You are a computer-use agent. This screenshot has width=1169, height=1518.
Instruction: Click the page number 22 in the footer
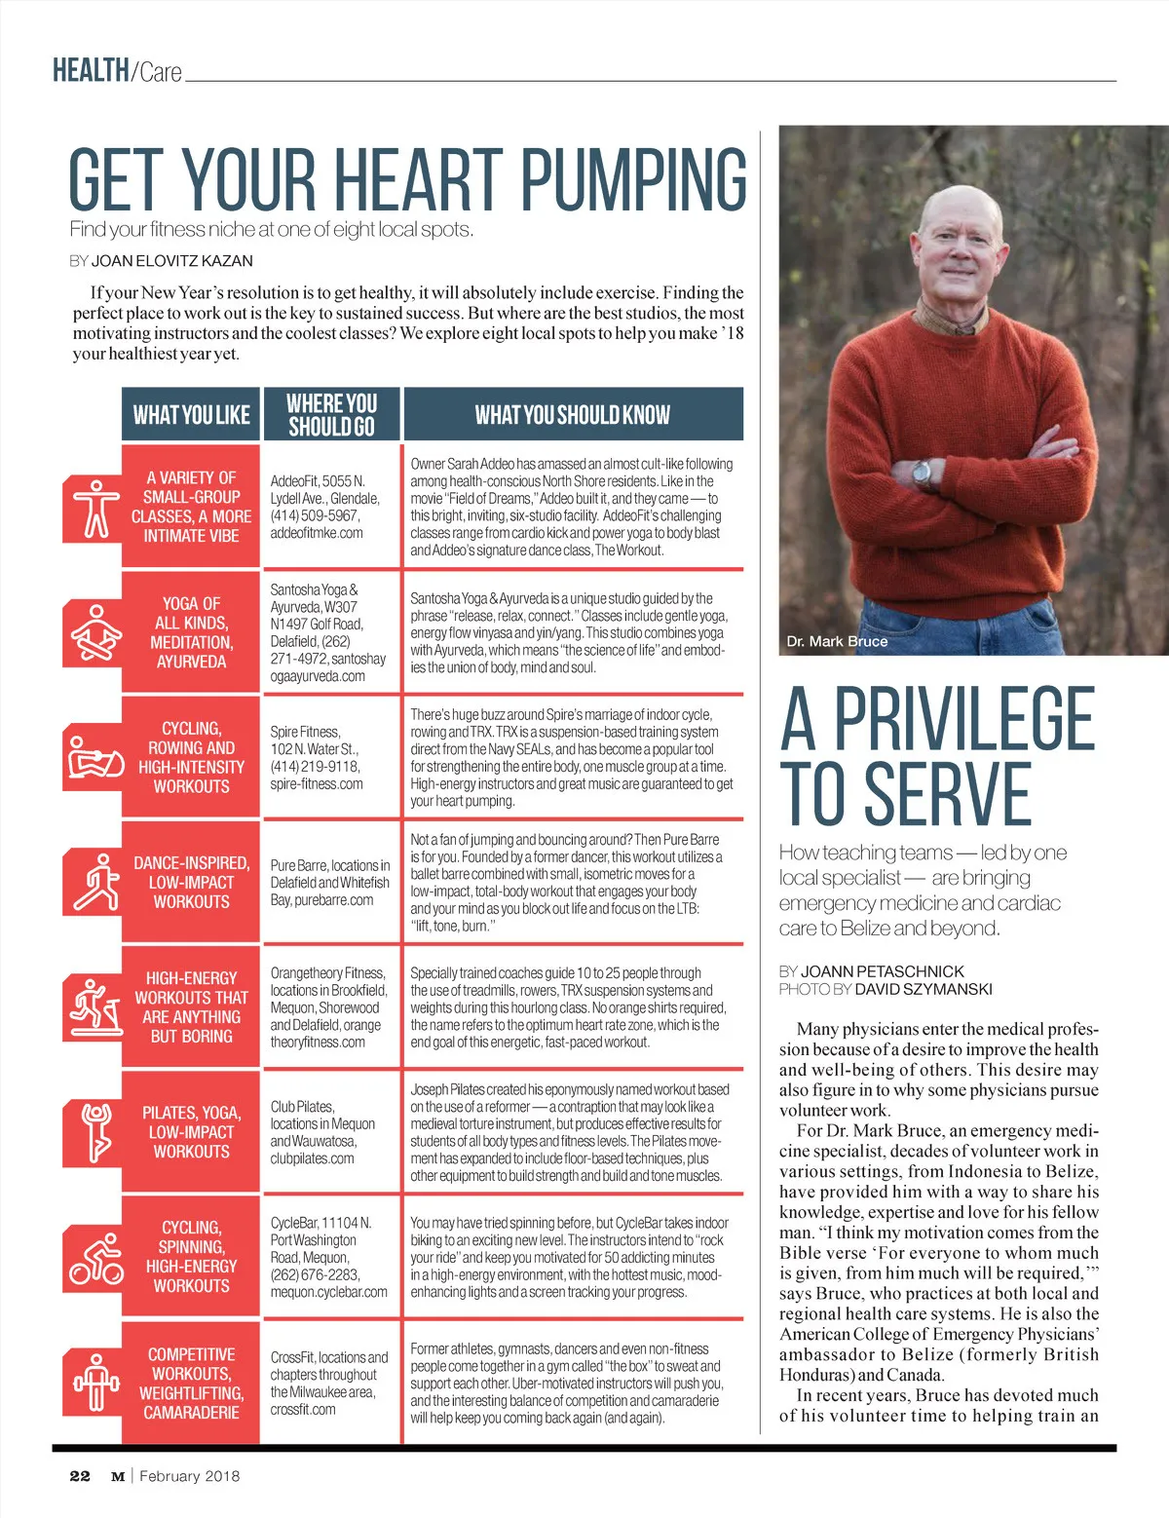point(80,1475)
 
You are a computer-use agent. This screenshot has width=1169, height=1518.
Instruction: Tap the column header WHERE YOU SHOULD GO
point(330,415)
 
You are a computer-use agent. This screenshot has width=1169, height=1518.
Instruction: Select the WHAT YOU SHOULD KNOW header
point(573,415)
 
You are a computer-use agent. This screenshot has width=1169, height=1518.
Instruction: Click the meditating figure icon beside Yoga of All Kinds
point(95,632)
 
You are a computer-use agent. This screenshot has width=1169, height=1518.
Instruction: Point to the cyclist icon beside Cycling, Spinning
point(95,1258)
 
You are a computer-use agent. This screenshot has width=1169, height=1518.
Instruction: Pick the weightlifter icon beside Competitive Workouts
point(95,1382)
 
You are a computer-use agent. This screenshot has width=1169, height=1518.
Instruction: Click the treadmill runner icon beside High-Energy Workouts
point(95,1006)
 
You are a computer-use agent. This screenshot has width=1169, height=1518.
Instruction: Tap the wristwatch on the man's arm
point(922,473)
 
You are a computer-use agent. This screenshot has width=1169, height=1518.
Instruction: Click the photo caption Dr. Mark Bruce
point(837,641)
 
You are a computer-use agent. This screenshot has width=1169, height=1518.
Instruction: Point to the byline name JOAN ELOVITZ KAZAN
point(171,261)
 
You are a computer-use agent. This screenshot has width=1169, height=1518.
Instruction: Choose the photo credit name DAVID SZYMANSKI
point(924,989)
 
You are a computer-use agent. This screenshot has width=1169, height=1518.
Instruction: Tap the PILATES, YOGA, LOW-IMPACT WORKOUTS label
point(191,1132)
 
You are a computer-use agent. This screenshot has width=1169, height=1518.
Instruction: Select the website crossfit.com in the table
point(303,1409)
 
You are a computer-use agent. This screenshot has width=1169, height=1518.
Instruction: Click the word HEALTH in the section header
point(91,70)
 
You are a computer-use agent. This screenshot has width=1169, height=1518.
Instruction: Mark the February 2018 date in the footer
point(189,1475)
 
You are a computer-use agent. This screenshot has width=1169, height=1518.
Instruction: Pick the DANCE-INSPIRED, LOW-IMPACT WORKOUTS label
point(191,882)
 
